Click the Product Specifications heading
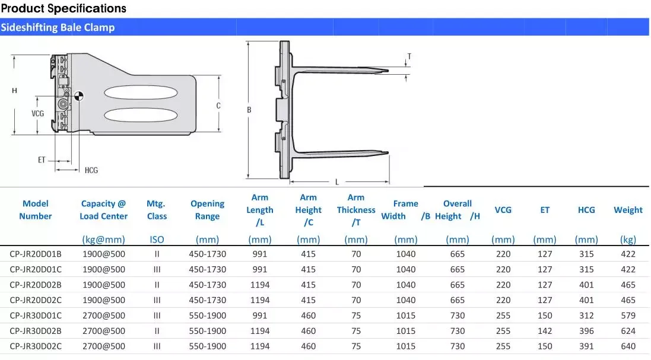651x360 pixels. click(63, 8)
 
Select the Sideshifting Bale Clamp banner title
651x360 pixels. click(58, 27)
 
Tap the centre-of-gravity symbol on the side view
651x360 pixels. click(78, 96)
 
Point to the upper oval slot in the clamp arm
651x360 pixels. click(141, 93)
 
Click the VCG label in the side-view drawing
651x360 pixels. click(38, 113)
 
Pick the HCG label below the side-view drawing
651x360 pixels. click(91, 170)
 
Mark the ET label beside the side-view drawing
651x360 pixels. click(42, 160)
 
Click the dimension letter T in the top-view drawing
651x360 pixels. click(409, 56)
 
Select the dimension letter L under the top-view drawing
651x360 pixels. click(337, 182)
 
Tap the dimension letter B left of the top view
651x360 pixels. click(249, 110)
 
